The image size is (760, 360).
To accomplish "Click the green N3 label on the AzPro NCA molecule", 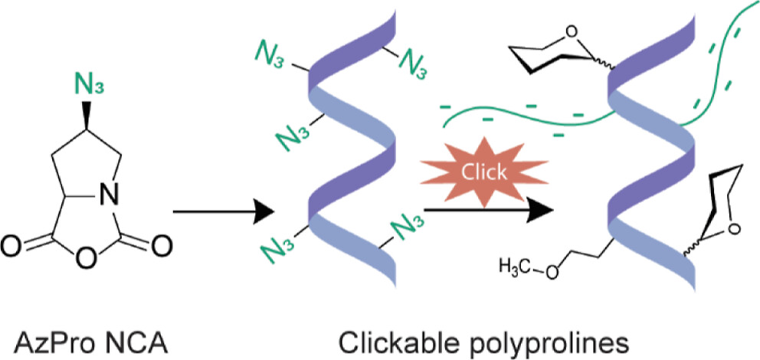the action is click(x=89, y=87).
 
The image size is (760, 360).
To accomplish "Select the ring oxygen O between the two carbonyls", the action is click(x=85, y=260).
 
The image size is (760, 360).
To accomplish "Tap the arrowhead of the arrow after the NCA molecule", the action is click(x=263, y=211).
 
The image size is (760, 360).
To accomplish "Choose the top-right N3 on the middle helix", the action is click(x=412, y=64).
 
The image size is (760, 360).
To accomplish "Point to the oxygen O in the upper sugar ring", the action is click(x=572, y=32).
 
